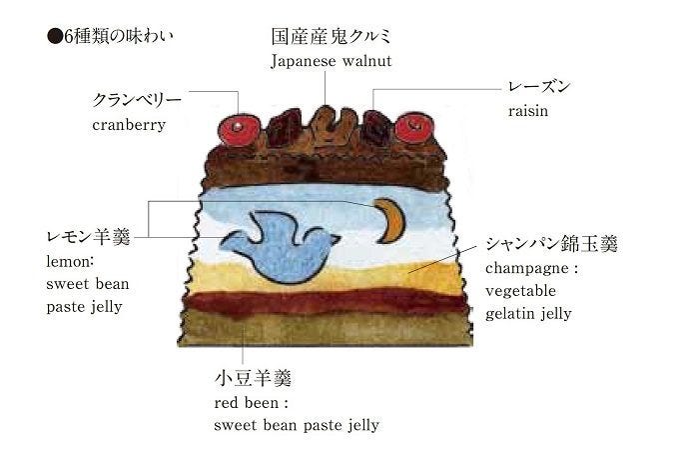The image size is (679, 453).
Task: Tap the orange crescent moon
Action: (x=390, y=220)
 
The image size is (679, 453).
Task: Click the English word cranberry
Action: (x=128, y=125)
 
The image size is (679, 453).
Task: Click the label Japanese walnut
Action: (x=331, y=61)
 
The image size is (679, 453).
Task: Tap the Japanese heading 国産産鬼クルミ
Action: (x=331, y=36)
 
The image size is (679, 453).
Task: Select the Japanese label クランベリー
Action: (x=137, y=101)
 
